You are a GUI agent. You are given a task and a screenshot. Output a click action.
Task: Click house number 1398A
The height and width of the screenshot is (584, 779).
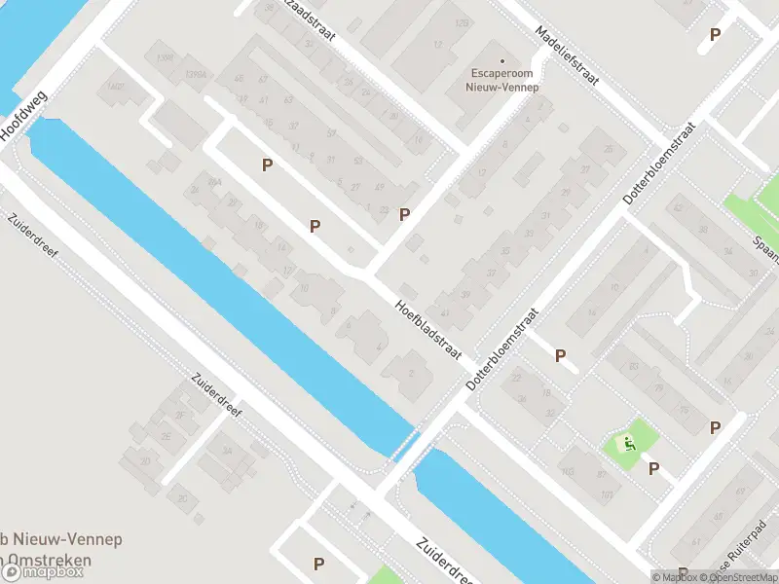(196, 74)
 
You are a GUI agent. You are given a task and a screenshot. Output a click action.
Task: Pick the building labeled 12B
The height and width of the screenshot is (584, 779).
(462, 22)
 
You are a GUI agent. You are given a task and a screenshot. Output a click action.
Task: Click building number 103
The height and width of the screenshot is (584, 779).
(567, 471)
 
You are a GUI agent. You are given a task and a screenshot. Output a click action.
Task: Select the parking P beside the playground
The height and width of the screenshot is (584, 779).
(654, 469)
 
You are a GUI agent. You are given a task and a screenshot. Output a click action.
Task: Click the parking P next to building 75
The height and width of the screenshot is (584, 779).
(716, 427)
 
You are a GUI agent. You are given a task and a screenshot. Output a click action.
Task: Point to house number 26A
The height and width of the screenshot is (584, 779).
(179, 416)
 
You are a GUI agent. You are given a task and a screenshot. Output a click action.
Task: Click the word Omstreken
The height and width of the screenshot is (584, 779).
(49, 560)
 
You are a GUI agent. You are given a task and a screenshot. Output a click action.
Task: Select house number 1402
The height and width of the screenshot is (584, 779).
(116, 87)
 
